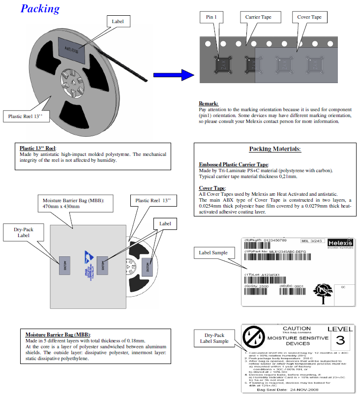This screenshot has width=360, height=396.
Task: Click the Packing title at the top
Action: point(40,9)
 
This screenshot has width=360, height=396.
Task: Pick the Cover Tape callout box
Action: point(309,17)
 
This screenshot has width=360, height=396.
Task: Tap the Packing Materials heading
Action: point(274,149)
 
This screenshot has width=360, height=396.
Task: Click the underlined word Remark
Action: point(209,103)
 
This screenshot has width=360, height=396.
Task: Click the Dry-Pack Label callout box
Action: point(24,232)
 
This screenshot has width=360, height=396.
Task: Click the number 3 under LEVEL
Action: point(340,340)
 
